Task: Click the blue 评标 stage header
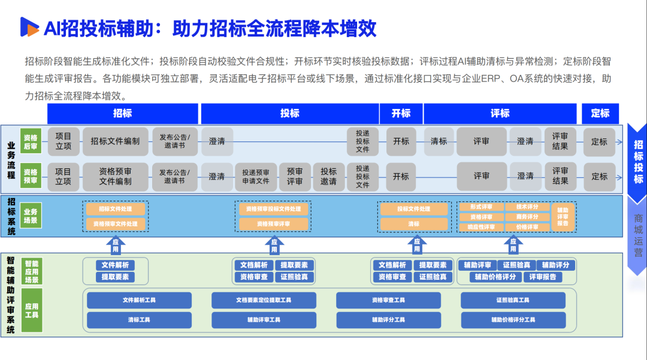pos(500,113)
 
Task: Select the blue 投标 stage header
pos(289,113)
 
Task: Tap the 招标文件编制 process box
pos(115,141)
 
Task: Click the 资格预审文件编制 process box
pos(115,176)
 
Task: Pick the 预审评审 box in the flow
pos(295,176)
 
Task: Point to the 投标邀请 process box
pos(328,176)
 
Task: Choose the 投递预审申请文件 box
pos(256,176)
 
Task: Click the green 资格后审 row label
pos(31,141)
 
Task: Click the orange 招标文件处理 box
pos(115,209)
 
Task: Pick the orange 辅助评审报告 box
pos(563,217)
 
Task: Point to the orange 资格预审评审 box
pos(274,224)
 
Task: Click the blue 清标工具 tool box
pos(139,320)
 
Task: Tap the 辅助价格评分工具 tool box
pos(513,320)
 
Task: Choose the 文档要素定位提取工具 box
pos(264,300)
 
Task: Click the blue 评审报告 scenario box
pos(543,277)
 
